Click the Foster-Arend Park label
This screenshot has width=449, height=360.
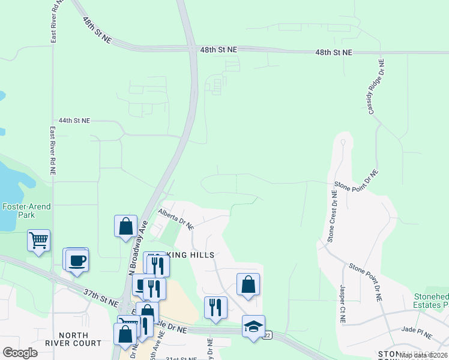pyautogui.click(x=26, y=211)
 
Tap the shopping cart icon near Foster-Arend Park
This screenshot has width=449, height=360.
pyautogui.click(x=38, y=241)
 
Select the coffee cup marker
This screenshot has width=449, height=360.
pyautogui.click(x=77, y=261)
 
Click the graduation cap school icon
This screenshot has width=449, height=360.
pyautogui.click(x=253, y=326)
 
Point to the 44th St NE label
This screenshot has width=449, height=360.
pyautogui.click(x=70, y=121)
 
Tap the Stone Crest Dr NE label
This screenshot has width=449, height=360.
pyautogui.click(x=332, y=216)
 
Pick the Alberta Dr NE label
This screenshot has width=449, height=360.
pyautogui.click(x=176, y=219)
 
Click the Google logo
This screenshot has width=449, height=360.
pyautogui.click(x=20, y=353)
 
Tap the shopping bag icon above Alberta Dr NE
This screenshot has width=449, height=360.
pyautogui.click(x=125, y=226)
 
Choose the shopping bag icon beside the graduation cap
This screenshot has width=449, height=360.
pyautogui.click(x=248, y=284)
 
